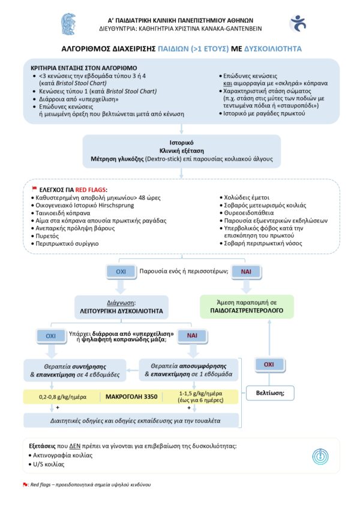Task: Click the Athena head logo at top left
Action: click(68, 23)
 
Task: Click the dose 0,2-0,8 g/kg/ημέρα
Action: click(58, 396)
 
